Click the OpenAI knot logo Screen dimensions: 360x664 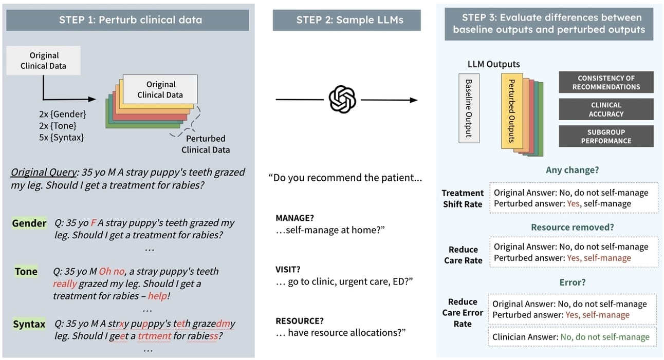[342, 99]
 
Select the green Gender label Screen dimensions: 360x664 [29, 223]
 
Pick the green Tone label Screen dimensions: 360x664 [26, 272]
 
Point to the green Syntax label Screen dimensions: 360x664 [29, 324]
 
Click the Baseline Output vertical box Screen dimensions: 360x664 [468, 108]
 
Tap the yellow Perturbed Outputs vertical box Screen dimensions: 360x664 [511, 111]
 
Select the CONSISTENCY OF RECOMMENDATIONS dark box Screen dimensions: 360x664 [606, 83]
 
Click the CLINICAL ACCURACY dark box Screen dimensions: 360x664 [606, 109]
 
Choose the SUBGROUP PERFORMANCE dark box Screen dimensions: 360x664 [606, 136]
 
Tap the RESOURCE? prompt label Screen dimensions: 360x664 [300, 320]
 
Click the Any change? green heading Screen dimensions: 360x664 [572, 169]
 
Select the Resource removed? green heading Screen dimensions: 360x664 [572, 227]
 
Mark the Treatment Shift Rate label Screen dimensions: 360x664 [463, 198]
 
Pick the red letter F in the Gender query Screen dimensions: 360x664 [94, 223]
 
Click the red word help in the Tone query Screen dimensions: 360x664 [158, 296]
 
